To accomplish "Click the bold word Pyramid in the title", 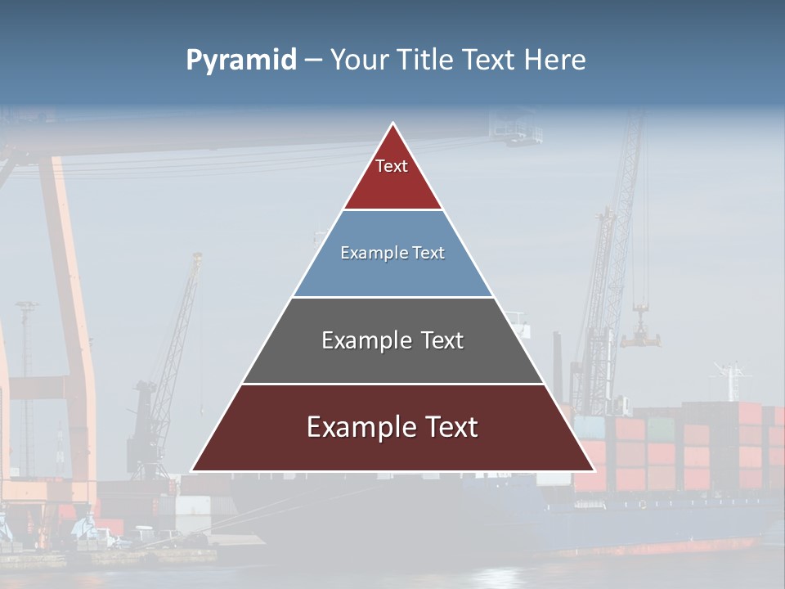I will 240,61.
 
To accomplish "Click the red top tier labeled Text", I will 392,176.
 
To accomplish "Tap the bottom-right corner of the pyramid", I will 593,470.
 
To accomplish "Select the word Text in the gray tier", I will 442,340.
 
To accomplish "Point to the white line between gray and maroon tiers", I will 392,384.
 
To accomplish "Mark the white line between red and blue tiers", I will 392,209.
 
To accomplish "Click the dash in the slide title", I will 312,61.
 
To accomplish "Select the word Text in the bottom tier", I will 452,427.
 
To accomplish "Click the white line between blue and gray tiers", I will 392,297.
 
